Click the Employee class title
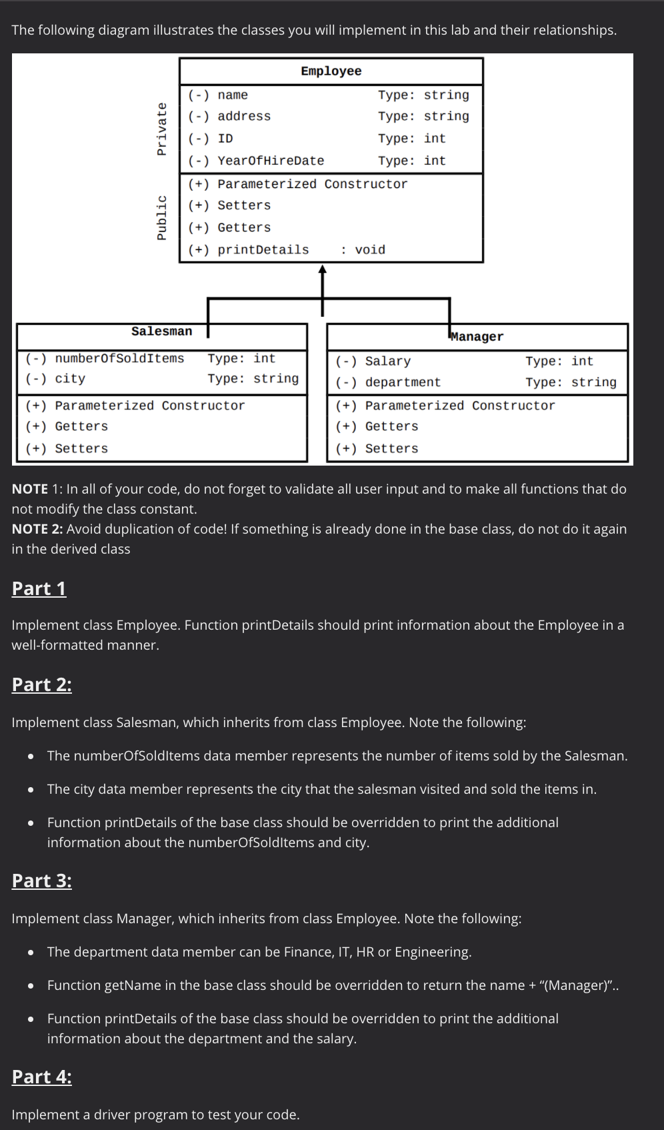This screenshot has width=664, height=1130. [331, 71]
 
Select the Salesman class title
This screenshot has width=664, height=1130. [161, 332]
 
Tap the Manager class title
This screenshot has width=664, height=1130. [477, 337]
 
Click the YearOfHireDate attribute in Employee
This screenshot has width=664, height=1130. [271, 161]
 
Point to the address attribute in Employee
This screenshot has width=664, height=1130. [244, 116]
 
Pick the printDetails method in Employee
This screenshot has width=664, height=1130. [263, 250]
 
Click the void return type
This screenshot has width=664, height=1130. [369, 250]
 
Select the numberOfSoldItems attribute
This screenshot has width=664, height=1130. [119, 359]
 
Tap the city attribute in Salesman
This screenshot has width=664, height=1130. [70, 379]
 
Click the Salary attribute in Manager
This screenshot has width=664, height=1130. [388, 362]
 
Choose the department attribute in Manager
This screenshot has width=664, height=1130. [403, 382]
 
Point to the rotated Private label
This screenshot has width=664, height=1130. [161, 129]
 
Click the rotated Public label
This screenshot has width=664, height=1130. [161, 217]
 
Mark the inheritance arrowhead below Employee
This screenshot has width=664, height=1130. [323, 269]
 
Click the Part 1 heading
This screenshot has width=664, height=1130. [39, 588]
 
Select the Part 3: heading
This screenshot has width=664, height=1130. [42, 881]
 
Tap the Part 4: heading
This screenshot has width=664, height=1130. [42, 1077]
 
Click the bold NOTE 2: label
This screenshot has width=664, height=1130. [37, 529]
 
